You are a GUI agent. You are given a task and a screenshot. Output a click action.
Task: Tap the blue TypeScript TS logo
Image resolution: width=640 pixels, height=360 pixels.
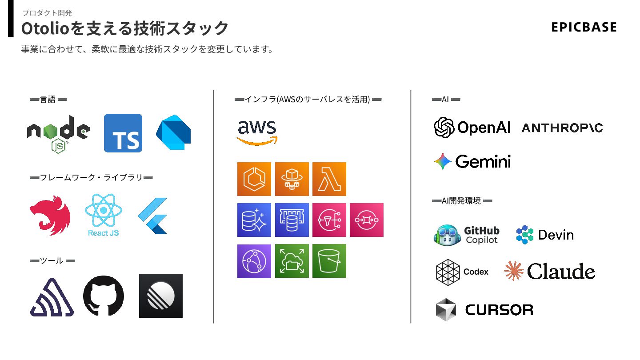tap(123, 133)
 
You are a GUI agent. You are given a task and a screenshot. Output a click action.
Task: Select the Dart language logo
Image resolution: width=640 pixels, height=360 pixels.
tap(173, 132)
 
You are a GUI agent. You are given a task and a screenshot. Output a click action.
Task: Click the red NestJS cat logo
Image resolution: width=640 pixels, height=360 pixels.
tap(50, 215)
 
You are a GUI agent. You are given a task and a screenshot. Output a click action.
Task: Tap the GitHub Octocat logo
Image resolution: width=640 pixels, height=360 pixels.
tap(104, 296)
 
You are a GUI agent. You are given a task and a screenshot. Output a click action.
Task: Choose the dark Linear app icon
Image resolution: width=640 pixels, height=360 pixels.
tap(161, 296)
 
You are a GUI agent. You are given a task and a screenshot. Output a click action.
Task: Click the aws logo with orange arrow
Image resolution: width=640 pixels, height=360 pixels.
tap(257, 132)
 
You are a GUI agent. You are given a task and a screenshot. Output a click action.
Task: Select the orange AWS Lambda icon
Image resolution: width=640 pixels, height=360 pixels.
tap(329, 179)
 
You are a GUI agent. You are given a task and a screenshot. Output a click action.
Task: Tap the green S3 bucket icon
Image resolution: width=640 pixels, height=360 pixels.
tap(329, 261)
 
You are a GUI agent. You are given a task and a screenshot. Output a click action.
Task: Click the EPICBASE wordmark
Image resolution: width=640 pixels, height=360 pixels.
tap(584, 27)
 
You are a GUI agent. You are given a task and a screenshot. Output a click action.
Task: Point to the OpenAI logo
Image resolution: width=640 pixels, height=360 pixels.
tap(472, 128)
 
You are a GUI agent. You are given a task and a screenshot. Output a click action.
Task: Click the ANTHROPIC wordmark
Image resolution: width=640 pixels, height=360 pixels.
tap(562, 128)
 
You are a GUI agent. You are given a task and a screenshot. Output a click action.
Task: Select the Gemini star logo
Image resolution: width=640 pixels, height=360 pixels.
tap(443, 161)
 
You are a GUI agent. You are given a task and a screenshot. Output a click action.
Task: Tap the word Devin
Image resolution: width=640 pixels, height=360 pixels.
tap(556, 235)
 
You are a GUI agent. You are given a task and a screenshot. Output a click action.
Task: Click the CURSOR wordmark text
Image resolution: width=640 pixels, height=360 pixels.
tap(499, 310)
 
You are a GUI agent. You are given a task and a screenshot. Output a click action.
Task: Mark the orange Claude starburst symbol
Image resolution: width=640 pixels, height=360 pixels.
tap(514, 271)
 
